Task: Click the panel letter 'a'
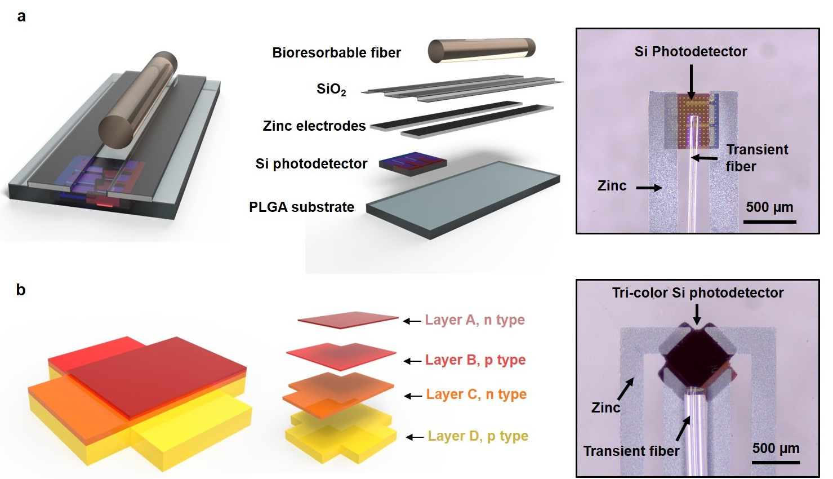[x=21, y=17]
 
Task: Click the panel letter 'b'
[x=21, y=290]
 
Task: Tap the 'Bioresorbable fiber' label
[x=337, y=52]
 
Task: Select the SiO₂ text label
[x=331, y=90]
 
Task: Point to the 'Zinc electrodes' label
[x=314, y=126]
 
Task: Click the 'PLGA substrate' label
[x=301, y=207]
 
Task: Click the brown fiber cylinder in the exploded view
[x=482, y=50]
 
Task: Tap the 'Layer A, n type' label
[x=475, y=320]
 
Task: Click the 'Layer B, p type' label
[x=475, y=360]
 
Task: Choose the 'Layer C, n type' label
[x=476, y=394]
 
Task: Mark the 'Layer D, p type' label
[x=478, y=436]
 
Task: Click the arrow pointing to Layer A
[x=412, y=321]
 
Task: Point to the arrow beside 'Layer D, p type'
[x=415, y=437]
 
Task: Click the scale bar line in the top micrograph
[x=770, y=222]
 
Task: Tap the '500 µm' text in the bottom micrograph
[x=776, y=448]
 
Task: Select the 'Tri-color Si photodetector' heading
[x=698, y=293]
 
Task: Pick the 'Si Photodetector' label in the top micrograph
[x=691, y=52]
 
